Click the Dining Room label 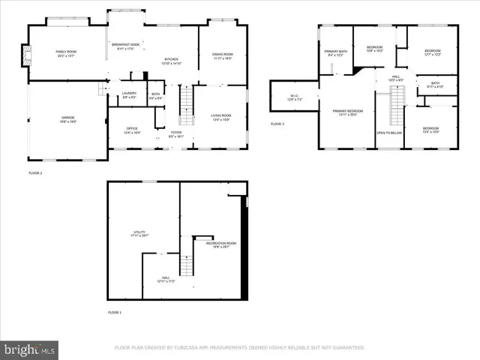(222, 56)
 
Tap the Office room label (131, 130)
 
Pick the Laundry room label (129, 94)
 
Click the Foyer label (175, 134)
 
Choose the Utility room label (140, 234)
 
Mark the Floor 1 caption (114, 312)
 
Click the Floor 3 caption (277, 124)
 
